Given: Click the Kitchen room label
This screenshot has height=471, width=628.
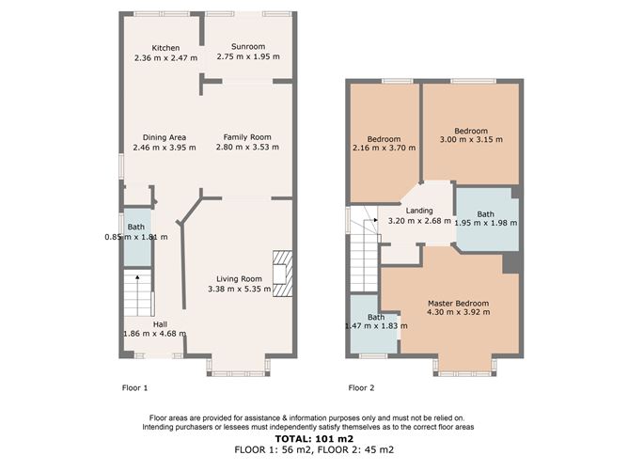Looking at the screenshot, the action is tap(165, 48).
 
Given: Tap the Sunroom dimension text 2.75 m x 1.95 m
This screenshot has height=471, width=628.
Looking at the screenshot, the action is tap(248, 56).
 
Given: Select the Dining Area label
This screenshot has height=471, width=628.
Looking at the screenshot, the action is tap(165, 137).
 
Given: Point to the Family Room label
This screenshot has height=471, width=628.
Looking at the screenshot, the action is tap(247, 137).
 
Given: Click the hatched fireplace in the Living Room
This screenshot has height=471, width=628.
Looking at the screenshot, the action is tap(282, 274).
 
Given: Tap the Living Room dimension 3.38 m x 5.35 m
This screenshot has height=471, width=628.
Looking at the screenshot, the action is tap(240, 289).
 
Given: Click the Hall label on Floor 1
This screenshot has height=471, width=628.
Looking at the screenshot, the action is tap(160, 324).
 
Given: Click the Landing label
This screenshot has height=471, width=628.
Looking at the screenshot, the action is tap(419, 211).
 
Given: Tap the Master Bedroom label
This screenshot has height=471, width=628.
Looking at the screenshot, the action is tap(458, 304).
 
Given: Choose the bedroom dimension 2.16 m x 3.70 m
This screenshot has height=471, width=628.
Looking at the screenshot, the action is tap(385, 148).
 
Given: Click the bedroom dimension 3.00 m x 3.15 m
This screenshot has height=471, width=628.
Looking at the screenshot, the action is tap(471, 140).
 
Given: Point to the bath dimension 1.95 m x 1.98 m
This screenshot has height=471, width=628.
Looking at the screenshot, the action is tap(486, 223).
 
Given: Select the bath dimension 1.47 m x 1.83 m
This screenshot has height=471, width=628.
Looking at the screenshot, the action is tap(376, 326).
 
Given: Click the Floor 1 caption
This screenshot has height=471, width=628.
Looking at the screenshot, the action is tap(135, 388).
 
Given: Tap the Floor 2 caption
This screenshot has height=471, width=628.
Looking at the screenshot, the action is tap(361, 388).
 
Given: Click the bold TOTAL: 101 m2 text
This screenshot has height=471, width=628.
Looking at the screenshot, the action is tap(314, 439).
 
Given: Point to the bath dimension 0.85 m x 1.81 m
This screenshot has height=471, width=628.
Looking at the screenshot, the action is tap(136, 237).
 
